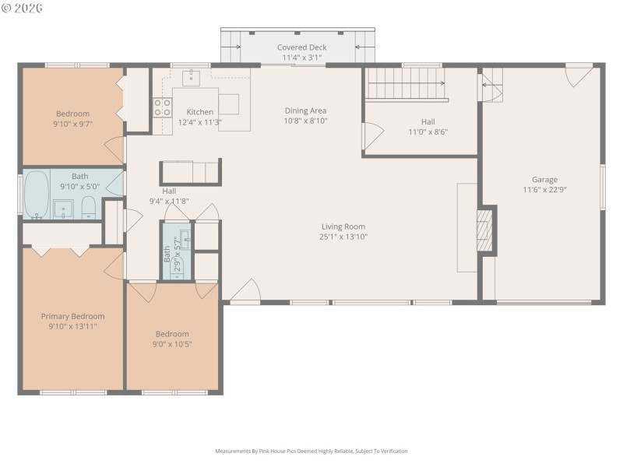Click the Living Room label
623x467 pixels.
[343, 226]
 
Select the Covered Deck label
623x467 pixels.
[302, 47]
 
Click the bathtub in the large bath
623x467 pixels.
[36, 195]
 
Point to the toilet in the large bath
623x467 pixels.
[88, 208]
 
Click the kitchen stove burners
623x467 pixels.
[162, 107]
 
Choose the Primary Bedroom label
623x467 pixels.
[72, 316]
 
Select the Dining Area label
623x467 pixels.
[305, 111]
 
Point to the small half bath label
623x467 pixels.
[167, 253]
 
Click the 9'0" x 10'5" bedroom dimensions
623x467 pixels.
[172, 343]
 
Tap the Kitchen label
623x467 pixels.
[199, 112]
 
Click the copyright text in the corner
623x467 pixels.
[23, 8]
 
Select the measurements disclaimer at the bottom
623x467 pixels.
[311, 451]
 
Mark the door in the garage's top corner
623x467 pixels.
[579, 75]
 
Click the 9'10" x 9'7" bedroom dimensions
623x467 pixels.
[72, 124]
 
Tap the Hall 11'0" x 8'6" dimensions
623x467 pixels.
[428, 132]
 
